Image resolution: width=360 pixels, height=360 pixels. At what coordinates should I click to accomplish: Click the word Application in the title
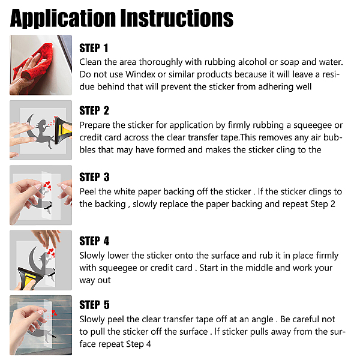coord(63,19)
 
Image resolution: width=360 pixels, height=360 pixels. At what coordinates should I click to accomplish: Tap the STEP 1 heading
coord(94,48)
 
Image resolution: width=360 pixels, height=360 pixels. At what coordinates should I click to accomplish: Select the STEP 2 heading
coord(94,110)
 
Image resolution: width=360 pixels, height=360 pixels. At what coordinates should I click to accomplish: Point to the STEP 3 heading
coord(94,177)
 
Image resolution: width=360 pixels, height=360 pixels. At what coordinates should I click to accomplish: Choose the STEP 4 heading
coord(94,241)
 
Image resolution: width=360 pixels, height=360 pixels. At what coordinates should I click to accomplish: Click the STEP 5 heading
coord(94,305)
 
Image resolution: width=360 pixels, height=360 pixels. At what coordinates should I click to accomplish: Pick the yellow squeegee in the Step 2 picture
coord(64,130)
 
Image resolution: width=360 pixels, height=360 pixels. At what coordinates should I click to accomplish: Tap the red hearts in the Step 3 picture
coord(47,186)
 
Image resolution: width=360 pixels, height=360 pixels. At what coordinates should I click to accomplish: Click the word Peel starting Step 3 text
coord(88,191)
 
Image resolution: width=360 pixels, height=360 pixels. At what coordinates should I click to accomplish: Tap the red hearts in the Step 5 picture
coord(54,313)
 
